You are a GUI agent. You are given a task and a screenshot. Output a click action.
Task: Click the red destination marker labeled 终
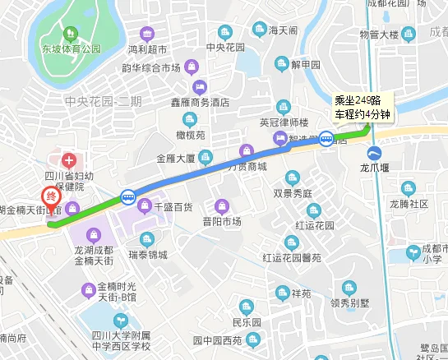tap(51, 197)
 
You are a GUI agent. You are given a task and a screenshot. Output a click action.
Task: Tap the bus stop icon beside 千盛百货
tap(128, 196)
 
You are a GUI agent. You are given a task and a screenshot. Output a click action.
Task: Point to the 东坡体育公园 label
tap(71, 49)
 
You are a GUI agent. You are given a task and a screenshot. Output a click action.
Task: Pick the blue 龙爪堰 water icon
tap(375, 152)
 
